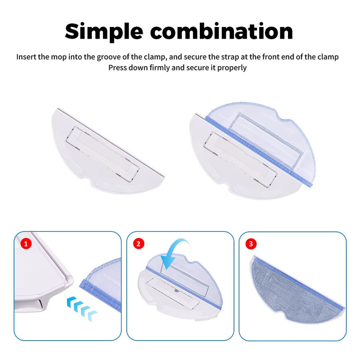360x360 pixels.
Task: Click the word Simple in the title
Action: coord(104,31)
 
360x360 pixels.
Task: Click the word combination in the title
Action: coord(221,31)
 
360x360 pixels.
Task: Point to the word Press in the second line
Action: coord(117,68)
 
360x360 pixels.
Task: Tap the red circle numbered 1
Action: coord(26,243)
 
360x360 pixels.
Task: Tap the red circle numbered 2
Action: coord(139,243)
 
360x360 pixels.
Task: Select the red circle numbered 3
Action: coord(251,243)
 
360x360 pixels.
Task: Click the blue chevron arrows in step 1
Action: coord(81,308)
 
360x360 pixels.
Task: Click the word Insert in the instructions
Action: coord(26,57)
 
